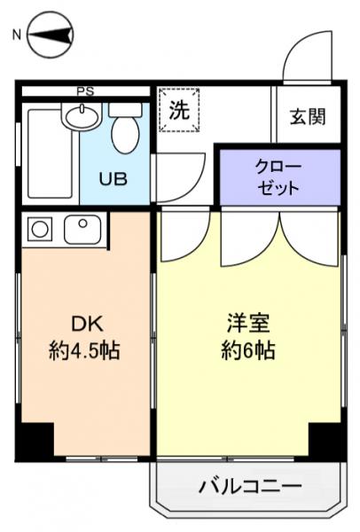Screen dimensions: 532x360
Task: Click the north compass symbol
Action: [x=50, y=35]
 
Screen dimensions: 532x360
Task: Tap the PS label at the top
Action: [x=85, y=90]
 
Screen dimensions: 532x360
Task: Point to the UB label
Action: [x=112, y=178]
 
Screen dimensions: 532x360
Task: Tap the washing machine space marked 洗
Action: [x=179, y=112]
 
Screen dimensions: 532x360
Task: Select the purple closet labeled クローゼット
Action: [x=278, y=177]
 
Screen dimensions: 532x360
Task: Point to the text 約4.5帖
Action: [x=83, y=350]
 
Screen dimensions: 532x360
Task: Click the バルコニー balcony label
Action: [x=249, y=486]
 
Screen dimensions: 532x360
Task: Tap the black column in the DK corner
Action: [x=36, y=439]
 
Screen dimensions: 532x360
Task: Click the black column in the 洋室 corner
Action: [x=325, y=439]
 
